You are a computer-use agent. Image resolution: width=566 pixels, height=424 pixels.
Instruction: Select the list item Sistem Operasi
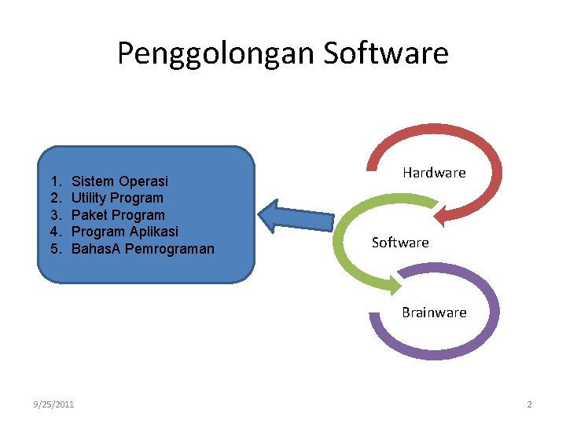point(119,181)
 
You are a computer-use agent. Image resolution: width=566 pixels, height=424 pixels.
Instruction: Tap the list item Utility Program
point(117,198)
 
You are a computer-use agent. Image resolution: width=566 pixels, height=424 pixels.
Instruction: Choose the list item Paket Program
point(118,215)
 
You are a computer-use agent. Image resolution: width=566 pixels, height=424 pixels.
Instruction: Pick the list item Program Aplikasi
point(124,232)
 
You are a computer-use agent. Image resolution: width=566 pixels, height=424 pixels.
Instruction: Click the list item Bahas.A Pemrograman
point(142,249)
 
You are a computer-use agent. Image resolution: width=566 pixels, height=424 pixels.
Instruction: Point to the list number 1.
point(53,181)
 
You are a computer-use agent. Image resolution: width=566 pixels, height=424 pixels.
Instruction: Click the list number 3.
point(53,215)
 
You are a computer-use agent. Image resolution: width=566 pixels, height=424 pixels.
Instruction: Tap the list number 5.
point(53,249)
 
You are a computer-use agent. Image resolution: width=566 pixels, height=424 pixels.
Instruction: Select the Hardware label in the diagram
point(434,172)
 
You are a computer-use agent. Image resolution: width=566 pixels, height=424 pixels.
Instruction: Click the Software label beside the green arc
point(400,243)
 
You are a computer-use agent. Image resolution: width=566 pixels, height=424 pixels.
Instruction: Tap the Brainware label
point(434,313)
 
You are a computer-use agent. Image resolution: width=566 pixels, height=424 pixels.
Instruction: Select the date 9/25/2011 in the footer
point(54,404)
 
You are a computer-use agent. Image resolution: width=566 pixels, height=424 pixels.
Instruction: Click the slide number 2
point(529,404)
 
